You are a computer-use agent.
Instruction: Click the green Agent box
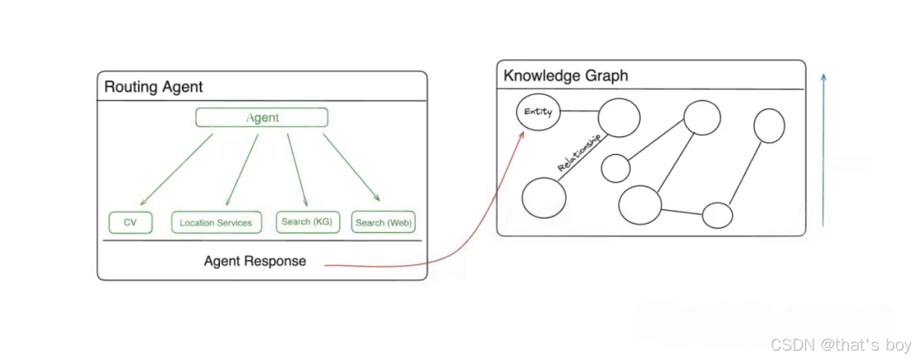(x=261, y=117)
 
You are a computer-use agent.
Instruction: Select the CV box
(x=130, y=222)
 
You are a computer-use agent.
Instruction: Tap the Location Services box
(x=216, y=222)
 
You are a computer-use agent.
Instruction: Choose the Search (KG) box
(x=307, y=221)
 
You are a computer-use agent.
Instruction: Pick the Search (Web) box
(x=383, y=222)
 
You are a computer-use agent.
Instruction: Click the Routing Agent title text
(x=154, y=87)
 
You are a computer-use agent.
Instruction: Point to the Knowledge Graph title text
(x=566, y=76)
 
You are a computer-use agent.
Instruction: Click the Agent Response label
(x=255, y=261)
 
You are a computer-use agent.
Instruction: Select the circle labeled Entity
(x=538, y=112)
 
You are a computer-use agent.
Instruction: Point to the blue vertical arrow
(x=823, y=150)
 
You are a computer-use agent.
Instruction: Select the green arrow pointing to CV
(x=176, y=170)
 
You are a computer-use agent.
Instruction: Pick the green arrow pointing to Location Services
(x=241, y=170)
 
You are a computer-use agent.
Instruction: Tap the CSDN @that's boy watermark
(x=836, y=346)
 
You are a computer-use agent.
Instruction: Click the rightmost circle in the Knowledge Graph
(x=769, y=126)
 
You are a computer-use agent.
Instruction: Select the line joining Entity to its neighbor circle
(x=580, y=111)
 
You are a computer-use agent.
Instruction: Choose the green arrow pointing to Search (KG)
(x=297, y=170)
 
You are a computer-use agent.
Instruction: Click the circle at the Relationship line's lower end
(x=544, y=198)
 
